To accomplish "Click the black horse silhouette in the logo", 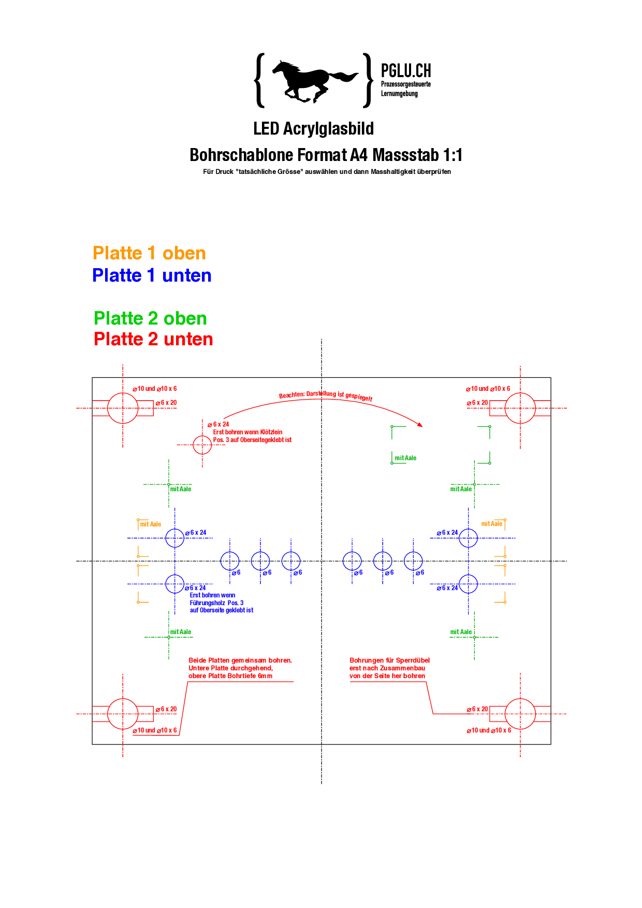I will point(311,80).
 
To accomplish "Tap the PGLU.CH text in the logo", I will point(406,71).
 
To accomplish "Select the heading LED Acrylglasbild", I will point(313,129).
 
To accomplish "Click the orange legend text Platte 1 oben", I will point(149,253).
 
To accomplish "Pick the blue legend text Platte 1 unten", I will point(152,275).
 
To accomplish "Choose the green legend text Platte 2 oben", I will point(150,318).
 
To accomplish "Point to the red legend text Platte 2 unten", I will point(153,339).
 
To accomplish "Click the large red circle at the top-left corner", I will point(123,408).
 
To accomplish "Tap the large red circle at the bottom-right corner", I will point(520,714).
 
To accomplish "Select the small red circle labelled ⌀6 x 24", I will point(202,445).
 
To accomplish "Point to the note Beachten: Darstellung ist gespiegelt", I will point(326,396).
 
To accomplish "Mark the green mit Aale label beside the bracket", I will point(405,458).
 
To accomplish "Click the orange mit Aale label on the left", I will point(151,524).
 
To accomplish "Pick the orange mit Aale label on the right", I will point(492,524).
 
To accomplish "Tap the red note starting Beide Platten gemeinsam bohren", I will point(240,668).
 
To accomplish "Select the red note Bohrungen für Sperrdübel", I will point(389,668).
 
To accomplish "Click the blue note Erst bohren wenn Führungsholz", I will point(221,603).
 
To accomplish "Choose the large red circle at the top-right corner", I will point(520,408).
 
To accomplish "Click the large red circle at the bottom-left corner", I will point(123,714).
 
